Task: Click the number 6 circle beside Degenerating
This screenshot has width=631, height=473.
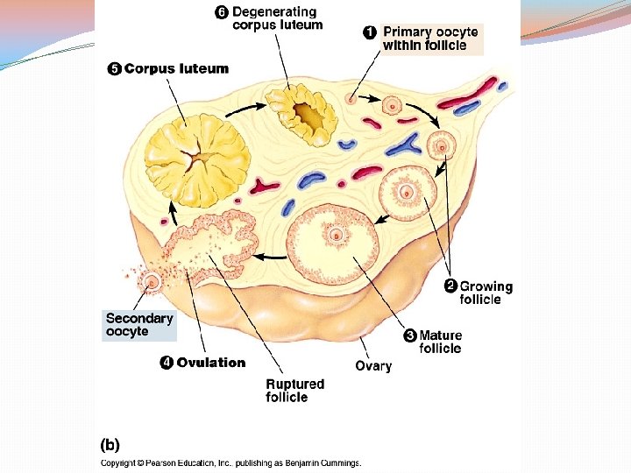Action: tap(222, 12)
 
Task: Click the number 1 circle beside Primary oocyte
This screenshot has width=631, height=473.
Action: tap(371, 32)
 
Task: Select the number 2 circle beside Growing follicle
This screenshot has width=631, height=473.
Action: tap(450, 286)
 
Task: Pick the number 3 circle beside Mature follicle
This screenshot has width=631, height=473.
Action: tap(409, 335)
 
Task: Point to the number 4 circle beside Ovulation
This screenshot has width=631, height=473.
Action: tap(166, 363)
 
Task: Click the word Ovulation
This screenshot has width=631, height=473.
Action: tap(211, 363)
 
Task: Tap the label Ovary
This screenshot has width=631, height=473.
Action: tap(373, 366)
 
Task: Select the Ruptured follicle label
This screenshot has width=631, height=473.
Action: tap(294, 391)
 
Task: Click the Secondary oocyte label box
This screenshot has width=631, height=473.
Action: tap(139, 325)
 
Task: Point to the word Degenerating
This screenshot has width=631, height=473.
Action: tap(274, 12)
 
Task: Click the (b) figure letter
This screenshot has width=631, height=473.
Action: tap(110, 444)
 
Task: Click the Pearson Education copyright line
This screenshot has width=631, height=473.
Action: tap(230, 463)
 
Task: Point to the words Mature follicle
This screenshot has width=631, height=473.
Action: tap(440, 342)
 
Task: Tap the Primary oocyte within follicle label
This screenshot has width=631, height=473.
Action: tap(429, 39)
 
